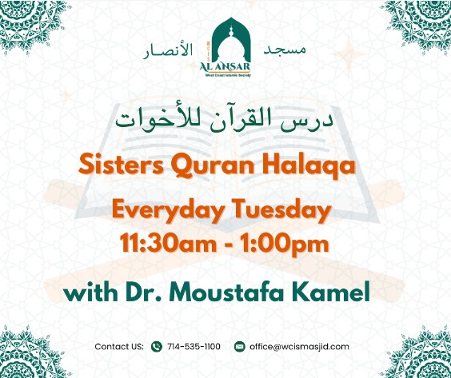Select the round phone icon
click(x=158, y=347)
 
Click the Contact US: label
click(x=118, y=347)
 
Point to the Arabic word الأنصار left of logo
click(x=167, y=50)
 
